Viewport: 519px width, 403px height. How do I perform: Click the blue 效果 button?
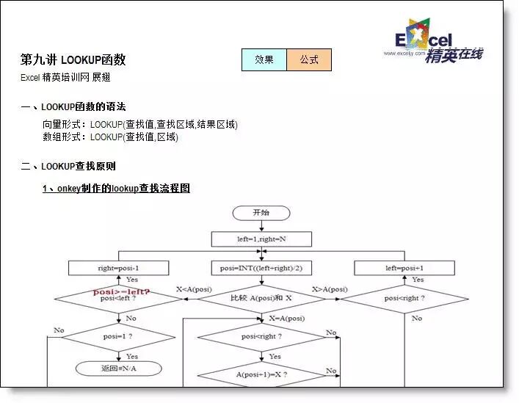click(x=264, y=60)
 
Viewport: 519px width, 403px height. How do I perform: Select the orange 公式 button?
click(x=309, y=60)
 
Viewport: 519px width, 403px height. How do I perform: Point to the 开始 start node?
click(x=261, y=213)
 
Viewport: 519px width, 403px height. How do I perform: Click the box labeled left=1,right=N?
click(x=261, y=239)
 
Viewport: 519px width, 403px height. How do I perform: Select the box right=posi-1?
click(x=118, y=268)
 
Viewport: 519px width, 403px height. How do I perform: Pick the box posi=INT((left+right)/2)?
click(x=261, y=268)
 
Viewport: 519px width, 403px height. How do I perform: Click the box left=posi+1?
click(x=404, y=268)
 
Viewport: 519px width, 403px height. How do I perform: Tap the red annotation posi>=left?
click(x=121, y=291)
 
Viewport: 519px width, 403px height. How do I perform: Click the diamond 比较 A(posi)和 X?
click(x=261, y=299)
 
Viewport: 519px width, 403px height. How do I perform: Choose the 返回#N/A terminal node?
click(x=118, y=368)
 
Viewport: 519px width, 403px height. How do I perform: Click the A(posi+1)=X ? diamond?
click(x=261, y=375)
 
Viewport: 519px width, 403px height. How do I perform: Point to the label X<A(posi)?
click(x=194, y=289)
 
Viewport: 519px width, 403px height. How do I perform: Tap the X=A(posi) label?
click(x=286, y=318)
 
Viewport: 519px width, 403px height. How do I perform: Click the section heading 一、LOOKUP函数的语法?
click(x=73, y=107)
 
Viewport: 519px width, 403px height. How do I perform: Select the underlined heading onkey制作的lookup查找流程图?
click(x=116, y=189)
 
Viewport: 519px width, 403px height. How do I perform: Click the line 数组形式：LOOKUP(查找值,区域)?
click(x=110, y=137)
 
